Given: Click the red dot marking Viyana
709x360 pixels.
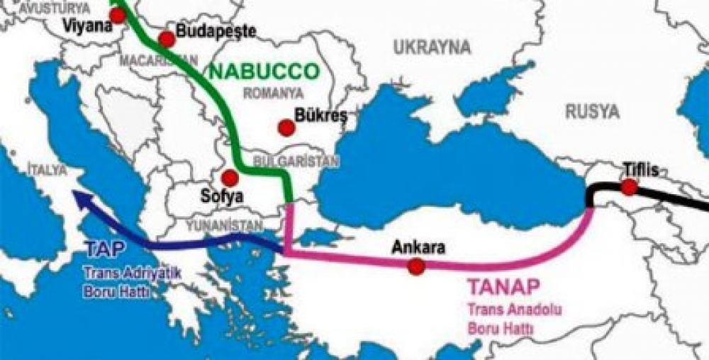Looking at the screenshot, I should pos(117,14).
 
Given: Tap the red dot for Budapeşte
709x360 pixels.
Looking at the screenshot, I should pos(167,39).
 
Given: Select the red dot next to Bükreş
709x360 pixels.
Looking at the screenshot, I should pos(286,128).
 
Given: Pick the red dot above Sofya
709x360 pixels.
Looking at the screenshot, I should pos(229,177).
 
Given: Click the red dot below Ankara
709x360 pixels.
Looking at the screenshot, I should pos(416,266).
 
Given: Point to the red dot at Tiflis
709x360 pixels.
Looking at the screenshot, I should pos(628,187).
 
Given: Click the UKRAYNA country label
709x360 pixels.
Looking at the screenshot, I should pos(432,47).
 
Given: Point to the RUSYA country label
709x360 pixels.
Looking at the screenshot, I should pos(592,111).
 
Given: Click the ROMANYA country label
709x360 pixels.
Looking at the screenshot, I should pos(273,93).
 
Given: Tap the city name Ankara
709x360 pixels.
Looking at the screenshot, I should pos(418,248).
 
